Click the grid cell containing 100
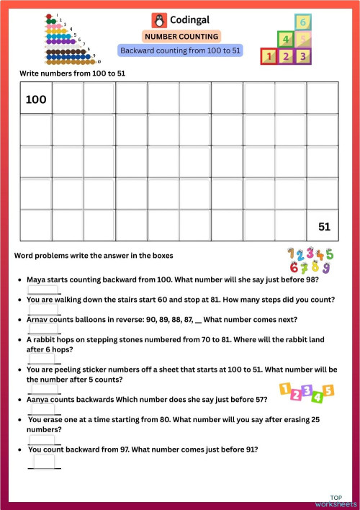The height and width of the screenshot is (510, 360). click(x=36, y=99)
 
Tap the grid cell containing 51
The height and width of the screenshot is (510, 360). click(x=324, y=226)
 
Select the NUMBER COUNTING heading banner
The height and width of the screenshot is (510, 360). click(x=181, y=36)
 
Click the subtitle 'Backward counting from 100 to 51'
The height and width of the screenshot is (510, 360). click(x=180, y=51)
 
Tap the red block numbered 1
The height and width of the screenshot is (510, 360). click(x=269, y=55)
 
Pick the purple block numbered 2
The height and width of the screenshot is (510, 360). click(x=286, y=55)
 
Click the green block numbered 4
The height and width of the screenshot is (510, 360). click(x=286, y=39)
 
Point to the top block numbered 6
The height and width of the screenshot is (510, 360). click(x=303, y=22)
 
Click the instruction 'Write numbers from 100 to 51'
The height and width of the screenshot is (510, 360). click(x=65, y=73)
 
